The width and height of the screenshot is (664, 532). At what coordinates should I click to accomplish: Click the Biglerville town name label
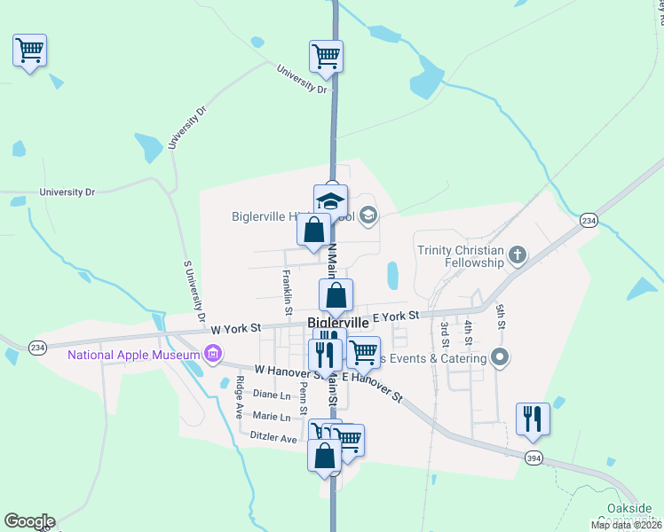tap(338, 324)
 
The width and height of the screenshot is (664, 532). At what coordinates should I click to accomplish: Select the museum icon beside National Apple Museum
tap(213, 356)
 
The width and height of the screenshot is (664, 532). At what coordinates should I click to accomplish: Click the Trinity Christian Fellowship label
tap(460, 257)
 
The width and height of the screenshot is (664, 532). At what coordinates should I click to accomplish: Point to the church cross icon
tap(518, 257)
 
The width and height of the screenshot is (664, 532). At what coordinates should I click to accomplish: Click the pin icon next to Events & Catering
tap(500, 358)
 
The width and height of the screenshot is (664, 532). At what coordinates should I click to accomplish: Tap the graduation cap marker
tap(331, 199)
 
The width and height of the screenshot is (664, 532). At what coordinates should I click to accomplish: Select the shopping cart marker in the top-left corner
tap(30, 51)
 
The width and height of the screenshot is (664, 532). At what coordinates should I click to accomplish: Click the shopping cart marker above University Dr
tap(326, 56)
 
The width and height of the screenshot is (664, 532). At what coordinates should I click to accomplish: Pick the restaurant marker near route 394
tap(533, 418)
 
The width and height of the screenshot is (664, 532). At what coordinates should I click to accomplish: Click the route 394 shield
tap(532, 457)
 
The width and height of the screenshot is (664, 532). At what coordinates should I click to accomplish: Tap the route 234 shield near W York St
tap(36, 347)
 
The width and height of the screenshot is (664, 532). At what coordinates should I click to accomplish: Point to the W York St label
tap(235, 327)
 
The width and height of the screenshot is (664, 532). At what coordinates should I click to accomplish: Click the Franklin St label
tap(287, 293)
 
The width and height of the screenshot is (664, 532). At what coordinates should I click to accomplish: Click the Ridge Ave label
tap(240, 398)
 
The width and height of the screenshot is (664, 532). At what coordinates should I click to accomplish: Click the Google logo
tap(29, 521)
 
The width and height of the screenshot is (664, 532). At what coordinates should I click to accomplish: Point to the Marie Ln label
tap(272, 417)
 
